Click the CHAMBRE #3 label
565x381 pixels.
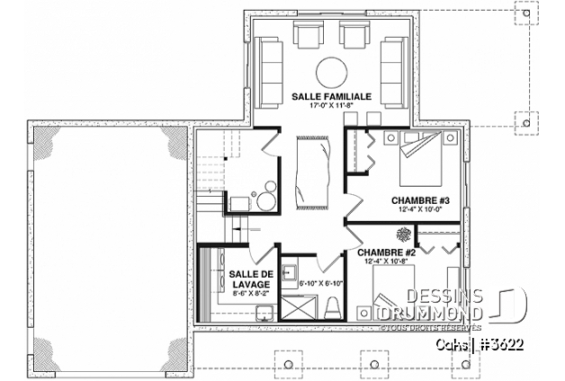click(x=415, y=199)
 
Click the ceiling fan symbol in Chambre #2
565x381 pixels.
click(x=402, y=234)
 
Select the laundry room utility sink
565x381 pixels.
click(x=263, y=312)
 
